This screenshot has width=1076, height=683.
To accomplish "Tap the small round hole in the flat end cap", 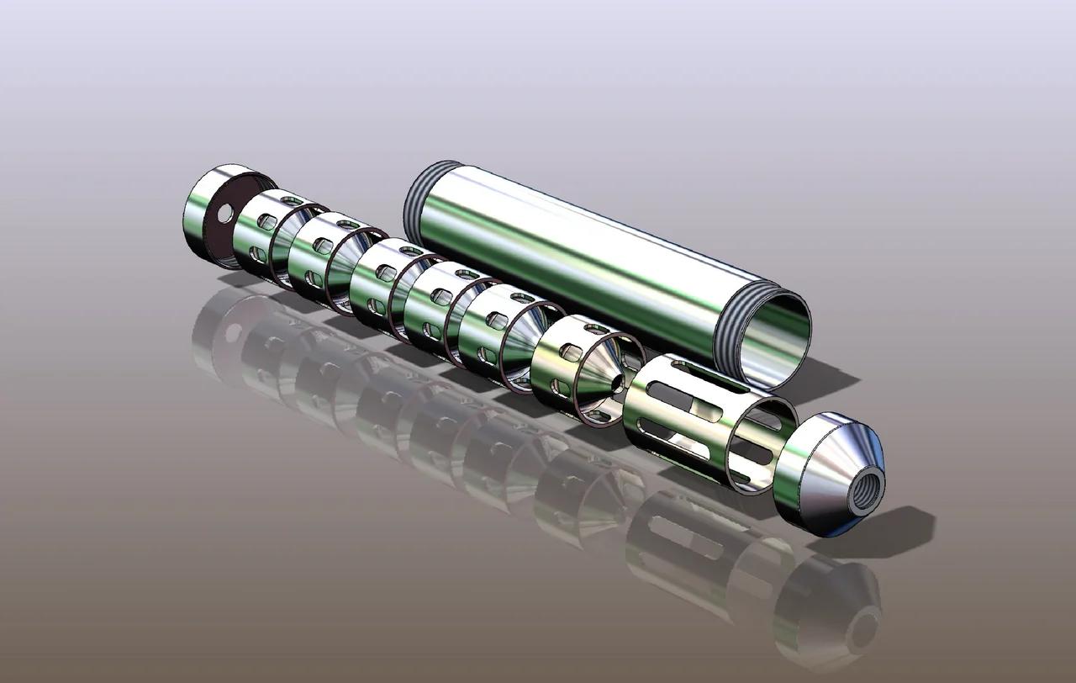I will click(225, 214).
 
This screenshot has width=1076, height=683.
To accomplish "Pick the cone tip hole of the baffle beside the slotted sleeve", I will click(618, 384).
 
